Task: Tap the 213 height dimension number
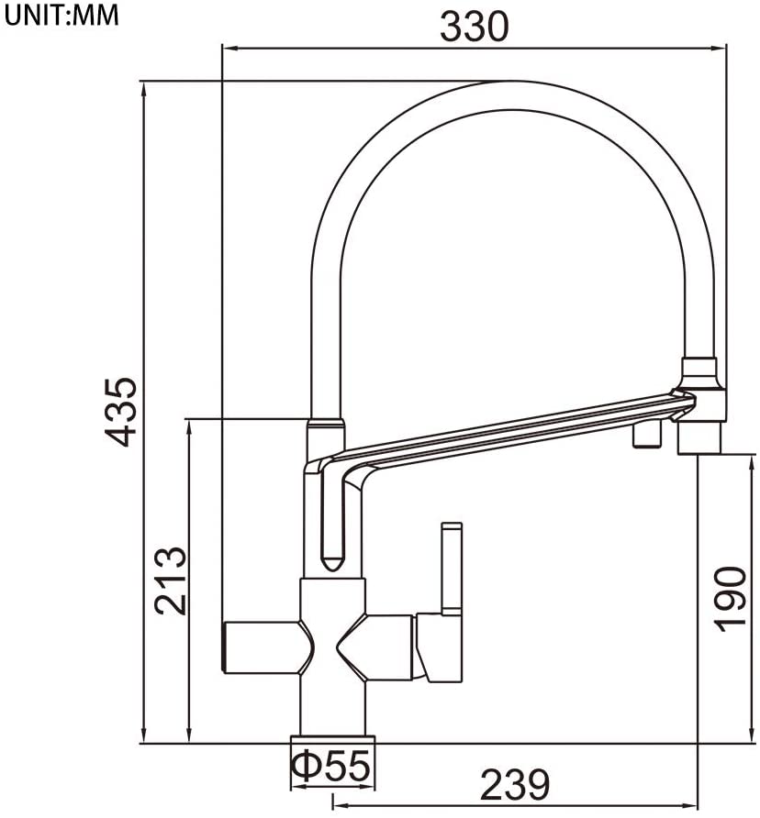tap(170, 581)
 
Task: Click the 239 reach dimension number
tap(514, 785)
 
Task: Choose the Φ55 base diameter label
tap(330, 763)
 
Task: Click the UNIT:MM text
tap(61, 16)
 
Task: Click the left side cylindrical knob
tap(262, 647)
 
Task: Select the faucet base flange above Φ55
tap(332, 739)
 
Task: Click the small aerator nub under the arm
tap(648, 437)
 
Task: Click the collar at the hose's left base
tap(325, 429)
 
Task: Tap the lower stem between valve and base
tap(332, 706)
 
